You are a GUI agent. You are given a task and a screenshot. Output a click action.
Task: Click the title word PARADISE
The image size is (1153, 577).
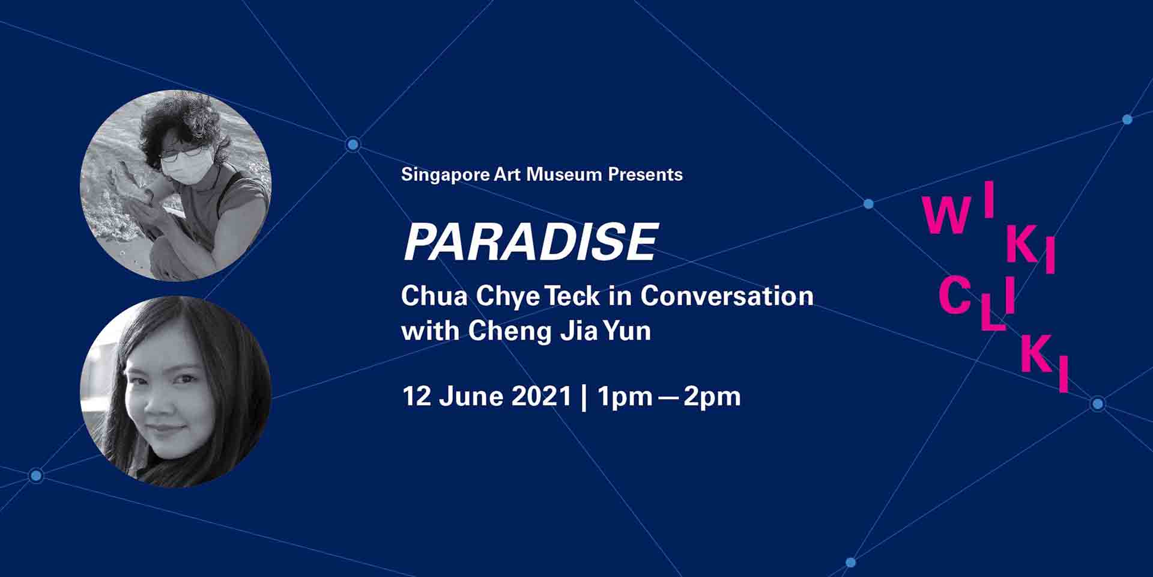531,242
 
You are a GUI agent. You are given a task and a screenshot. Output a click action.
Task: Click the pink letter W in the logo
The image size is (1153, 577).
946,216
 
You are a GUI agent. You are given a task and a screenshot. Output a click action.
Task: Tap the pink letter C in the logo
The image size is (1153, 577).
955,296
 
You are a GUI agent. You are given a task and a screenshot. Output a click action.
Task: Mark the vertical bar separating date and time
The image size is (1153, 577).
584,397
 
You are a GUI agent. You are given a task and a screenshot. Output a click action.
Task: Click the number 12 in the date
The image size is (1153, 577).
414,397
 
